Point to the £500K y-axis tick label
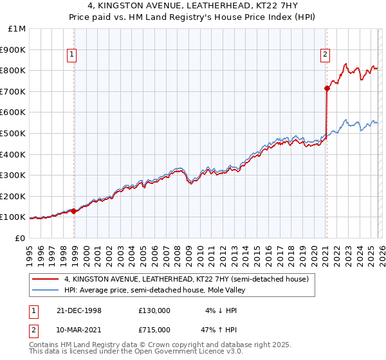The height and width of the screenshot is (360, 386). [14, 134]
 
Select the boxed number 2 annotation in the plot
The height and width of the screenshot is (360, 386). [326, 55]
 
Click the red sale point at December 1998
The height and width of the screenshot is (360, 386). [74, 211]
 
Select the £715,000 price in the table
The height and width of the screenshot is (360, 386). [154, 330]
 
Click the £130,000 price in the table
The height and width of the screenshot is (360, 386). [154, 310]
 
